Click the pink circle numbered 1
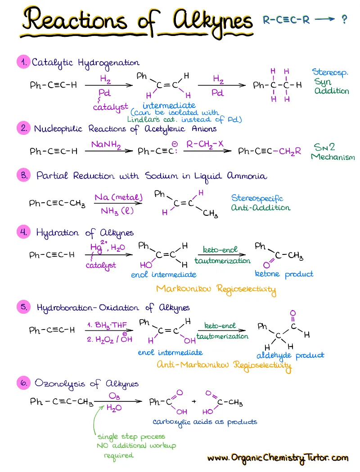(23, 62)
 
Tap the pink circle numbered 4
(23, 232)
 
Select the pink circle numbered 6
(23, 383)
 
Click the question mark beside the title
(344, 20)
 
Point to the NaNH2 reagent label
(106, 145)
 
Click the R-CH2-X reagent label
(205, 144)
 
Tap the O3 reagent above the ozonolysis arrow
(114, 396)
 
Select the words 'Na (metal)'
(118, 197)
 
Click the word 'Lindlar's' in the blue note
(144, 120)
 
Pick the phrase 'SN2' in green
(324, 147)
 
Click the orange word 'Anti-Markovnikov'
(193, 365)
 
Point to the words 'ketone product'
(284, 274)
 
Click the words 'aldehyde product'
(290, 356)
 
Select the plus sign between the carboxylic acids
(194, 401)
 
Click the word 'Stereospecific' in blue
(257, 198)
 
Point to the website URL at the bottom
(278, 458)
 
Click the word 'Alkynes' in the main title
(213, 21)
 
